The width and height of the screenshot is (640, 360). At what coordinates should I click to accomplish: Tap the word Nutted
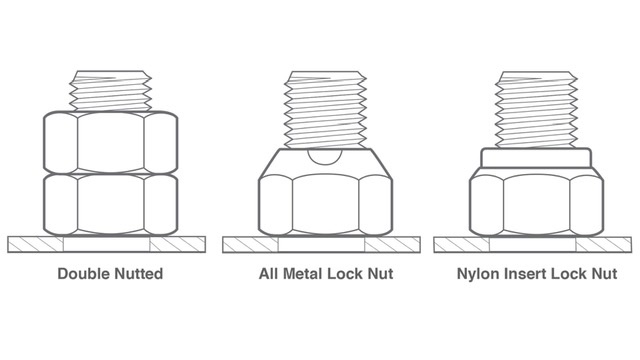pyautogui.click(x=138, y=273)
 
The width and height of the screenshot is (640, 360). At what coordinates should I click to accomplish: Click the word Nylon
pyautogui.click(x=479, y=274)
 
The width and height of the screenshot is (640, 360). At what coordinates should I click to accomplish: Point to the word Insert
pyautogui.click(x=524, y=273)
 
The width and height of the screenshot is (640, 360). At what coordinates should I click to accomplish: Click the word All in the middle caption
pyautogui.click(x=269, y=273)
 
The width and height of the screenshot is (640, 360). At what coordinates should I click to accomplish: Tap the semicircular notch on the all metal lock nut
pyautogui.click(x=325, y=157)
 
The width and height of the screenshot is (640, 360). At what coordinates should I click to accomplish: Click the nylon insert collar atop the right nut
pyautogui.click(x=536, y=158)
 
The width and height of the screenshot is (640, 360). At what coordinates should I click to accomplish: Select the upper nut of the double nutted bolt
pyautogui.click(x=111, y=142)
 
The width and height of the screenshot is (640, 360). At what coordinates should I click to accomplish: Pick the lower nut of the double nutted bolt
pyautogui.click(x=111, y=205)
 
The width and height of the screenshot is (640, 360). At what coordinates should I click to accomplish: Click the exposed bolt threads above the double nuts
pyautogui.click(x=111, y=91)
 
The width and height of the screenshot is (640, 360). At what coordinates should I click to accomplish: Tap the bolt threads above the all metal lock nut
pyautogui.click(x=325, y=109)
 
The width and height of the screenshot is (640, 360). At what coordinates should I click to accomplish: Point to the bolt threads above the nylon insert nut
pyautogui.click(x=536, y=109)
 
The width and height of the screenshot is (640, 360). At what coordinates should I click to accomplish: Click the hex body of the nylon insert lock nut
pyautogui.click(x=536, y=202)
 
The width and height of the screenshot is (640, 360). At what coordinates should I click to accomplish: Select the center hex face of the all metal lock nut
pyautogui.click(x=326, y=204)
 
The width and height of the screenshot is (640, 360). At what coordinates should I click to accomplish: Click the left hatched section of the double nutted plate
pyautogui.click(x=36, y=244)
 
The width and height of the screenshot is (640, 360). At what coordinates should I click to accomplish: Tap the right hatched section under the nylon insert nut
pyautogui.click(x=604, y=245)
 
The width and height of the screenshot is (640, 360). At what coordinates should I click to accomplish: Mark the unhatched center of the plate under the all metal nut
pyautogui.click(x=321, y=245)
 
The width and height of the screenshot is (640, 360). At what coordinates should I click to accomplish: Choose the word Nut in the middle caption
pyautogui.click(x=380, y=273)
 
